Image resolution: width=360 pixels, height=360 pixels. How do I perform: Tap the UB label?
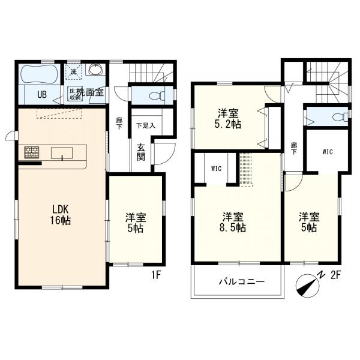(43, 94)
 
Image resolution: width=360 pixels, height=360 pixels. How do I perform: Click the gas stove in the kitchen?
(31, 152)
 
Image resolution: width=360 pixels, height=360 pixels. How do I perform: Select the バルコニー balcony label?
(237, 281)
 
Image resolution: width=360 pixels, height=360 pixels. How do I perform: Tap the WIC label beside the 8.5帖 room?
(217, 169)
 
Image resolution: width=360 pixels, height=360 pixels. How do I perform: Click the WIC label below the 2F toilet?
(326, 152)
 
